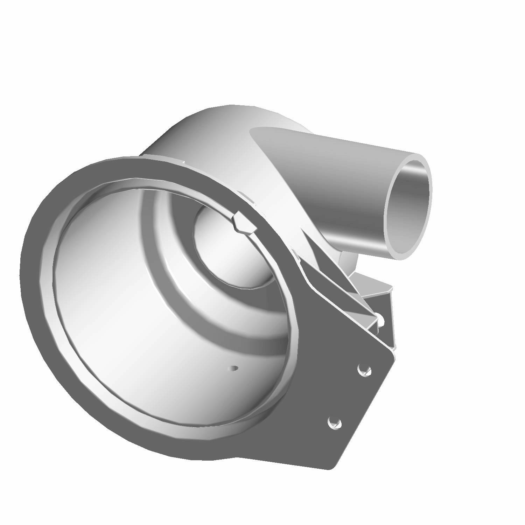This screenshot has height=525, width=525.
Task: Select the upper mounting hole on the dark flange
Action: (x=364, y=370)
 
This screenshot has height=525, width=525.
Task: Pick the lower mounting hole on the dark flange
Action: (x=334, y=423)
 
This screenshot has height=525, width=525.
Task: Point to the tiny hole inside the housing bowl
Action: (x=233, y=368)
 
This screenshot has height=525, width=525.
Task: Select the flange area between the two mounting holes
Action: (x=350, y=395)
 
